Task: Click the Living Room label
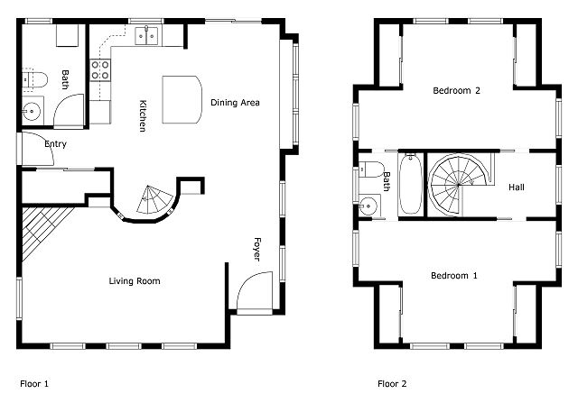(x=135, y=281)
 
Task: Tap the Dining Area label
(x=235, y=103)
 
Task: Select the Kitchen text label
(x=143, y=116)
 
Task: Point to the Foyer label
(x=257, y=250)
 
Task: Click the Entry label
(x=56, y=144)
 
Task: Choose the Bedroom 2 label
(x=456, y=90)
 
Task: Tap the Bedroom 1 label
(x=454, y=276)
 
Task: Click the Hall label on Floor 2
(x=517, y=188)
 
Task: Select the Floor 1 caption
(x=34, y=384)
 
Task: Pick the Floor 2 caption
(x=392, y=384)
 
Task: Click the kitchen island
(x=182, y=100)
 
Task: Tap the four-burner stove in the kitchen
(x=100, y=70)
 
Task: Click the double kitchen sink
(x=146, y=36)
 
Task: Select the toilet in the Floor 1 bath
(x=35, y=80)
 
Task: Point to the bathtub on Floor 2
(x=411, y=184)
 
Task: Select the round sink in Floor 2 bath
(x=368, y=206)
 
